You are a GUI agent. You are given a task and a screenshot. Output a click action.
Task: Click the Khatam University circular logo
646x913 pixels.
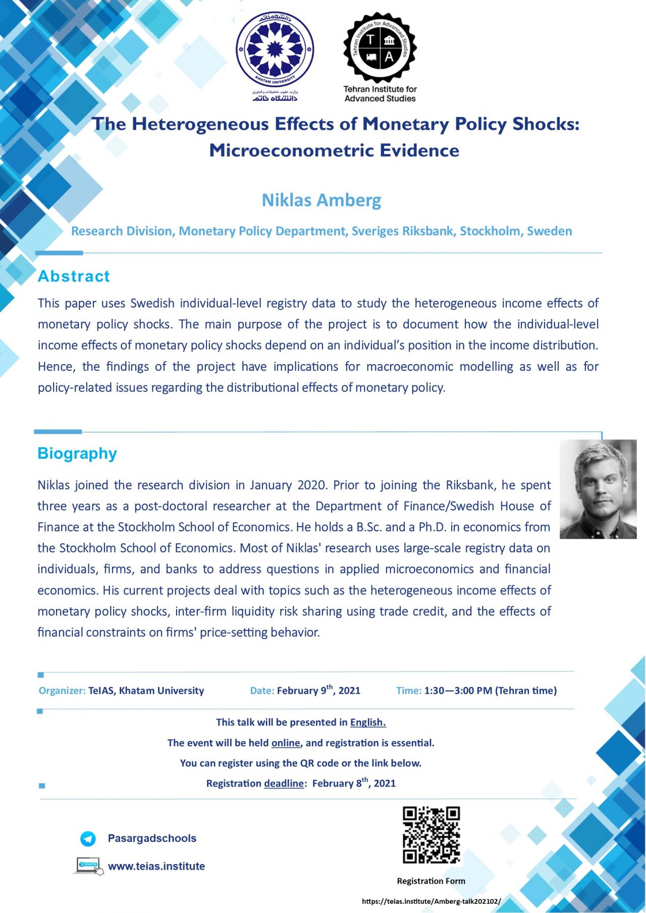pyautogui.click(x=275, y=50)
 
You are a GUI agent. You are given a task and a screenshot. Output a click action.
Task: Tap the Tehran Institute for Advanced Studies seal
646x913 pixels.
pyautogui.click(x=380, y=48)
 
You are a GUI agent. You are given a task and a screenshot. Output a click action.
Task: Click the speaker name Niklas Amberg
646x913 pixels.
pyautogui.click(x=321, y=200)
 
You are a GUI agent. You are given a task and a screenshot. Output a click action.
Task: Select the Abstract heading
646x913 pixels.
pyautogui.click(x=74, y=276)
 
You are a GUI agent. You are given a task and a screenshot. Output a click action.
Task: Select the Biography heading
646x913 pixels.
pyautogui.click(x=77, y=453)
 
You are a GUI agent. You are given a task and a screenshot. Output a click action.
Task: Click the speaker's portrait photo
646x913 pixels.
pyautogui.click(x=598, y=489)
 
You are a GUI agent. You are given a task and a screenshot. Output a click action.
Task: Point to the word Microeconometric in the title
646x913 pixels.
pyautogui.click(x=291, y=150)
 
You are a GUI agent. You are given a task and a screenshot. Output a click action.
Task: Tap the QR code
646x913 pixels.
pyautogui.click(x=431, y=835)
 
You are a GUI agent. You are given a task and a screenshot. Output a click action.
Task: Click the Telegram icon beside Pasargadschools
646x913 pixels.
pyautogui.click(x=88, y=838)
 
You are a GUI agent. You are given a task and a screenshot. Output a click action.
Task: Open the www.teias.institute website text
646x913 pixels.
pyautogui.click(x=156, y=866)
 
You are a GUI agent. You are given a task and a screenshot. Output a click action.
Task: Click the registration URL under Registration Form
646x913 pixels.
pyautogui.click(x=431, y=901)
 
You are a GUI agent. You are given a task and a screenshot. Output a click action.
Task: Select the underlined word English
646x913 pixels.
pyautogui.click(x=368, y=722)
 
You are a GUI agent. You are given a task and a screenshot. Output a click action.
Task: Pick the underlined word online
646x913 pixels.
pyautogui.click(x=286, y=743)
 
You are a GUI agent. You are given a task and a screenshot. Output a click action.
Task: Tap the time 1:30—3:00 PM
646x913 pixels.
pyautogui.click(x=458, y=691)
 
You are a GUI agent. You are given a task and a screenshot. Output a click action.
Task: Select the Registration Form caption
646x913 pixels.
pyautogui.click(x=431, y=881)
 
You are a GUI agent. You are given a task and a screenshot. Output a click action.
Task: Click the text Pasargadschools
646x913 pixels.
pyautogui.click(x=152, y=838)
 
